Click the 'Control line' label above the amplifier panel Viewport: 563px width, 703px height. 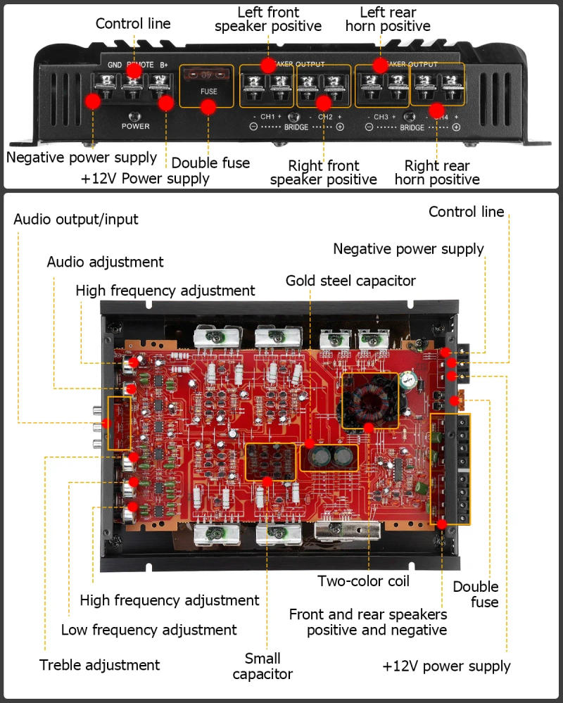pos(133,23)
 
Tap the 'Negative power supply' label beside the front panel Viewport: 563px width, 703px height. pos(82,157)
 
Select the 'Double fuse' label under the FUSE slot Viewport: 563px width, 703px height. pos(210,163)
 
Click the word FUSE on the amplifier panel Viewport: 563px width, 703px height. pos(208,91)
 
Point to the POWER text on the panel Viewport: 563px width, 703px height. pos(135,126)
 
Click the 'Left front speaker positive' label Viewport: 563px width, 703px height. pos(267,19)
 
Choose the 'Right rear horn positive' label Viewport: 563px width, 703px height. pos(436,172)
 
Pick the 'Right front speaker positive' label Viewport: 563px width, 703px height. pos(323,172)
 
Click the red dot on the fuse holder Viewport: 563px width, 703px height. pos(208,107)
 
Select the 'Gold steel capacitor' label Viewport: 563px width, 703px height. pos(350,281)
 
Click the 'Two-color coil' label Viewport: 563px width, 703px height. pos(363,581)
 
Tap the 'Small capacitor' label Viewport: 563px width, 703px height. pos(262,666)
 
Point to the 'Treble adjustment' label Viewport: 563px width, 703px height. pos(99,665)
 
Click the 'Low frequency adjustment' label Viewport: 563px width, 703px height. pos(148,630)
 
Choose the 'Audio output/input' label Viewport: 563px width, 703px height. pos(76,219)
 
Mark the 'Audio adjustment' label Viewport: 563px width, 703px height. pos(105,262)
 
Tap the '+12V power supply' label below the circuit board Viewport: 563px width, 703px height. pos(446,666)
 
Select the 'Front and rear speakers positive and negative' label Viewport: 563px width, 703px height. pos(367,621)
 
